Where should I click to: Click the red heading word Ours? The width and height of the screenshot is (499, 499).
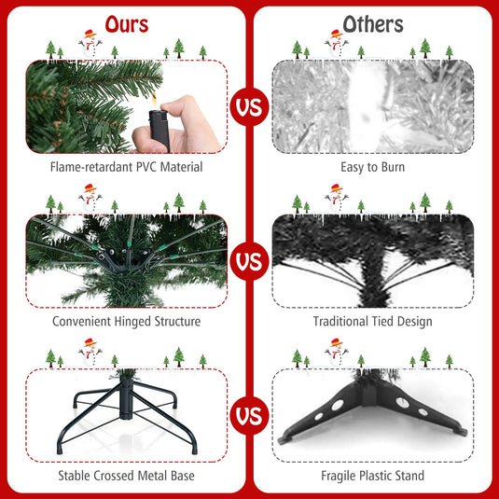click(x=125, y=23)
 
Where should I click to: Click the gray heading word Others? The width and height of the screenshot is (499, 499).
click(x=373, y=23)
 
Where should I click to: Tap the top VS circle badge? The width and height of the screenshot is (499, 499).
click(x=249, y=107)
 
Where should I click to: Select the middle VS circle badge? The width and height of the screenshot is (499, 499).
click(x=249, y=261)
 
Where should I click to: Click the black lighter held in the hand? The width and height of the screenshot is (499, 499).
click(x=155, y=124)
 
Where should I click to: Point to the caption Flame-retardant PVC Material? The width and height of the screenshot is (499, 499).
click(x=126, y=168)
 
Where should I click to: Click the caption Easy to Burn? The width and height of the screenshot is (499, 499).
click(x=373, y=168)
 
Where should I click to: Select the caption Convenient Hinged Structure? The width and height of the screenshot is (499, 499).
click(x=126, y=322)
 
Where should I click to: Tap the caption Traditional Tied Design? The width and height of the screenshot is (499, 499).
click(x=373, y=322)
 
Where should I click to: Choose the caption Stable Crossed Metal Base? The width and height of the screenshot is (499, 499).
click(x=126, y=475)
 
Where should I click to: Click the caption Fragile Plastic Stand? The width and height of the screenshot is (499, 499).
click(x=373, y=475)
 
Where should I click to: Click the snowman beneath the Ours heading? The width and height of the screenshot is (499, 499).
click(x=89, y=41)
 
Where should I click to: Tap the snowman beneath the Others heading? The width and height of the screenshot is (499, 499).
click(x=335, y=41)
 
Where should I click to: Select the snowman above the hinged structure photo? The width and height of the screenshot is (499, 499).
click(x=90, y=195)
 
